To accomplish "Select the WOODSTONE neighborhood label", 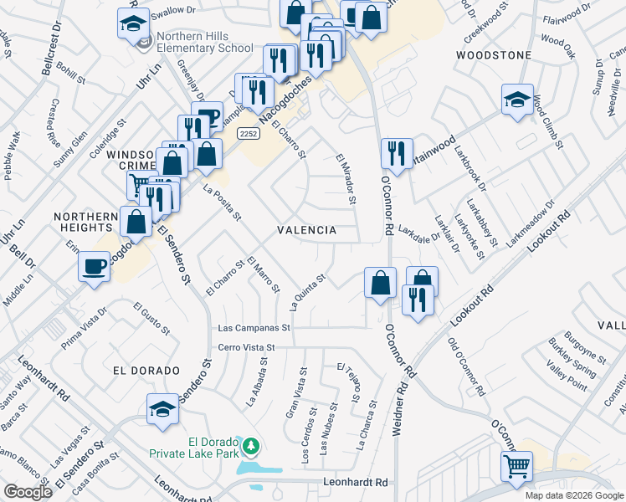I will (x=494, y=55).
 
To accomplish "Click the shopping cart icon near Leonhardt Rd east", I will (x=516, y=466).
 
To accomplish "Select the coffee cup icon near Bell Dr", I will (x=93, y=267).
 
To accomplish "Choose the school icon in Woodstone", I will (x=517, y=99).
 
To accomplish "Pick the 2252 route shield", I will (x=247, y=133).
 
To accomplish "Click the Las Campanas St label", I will (x=253, y=329).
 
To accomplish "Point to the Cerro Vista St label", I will (x=246, y=347).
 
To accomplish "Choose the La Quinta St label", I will (x=306, y=289).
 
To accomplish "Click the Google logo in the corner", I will (x=27, y=492).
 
